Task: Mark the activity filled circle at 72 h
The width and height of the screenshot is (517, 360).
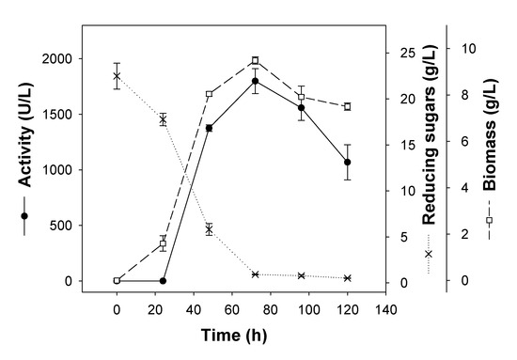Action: pyautogui.click(x=255, y=81)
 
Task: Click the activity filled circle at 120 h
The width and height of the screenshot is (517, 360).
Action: pyautogui.click(x=347, y=163)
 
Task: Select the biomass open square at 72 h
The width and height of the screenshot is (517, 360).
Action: pyautogui.click(x=255, y=61)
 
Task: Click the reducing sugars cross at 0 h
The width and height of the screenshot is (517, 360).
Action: pyautogui.click(x=117, y=76)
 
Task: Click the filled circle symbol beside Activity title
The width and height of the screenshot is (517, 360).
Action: pyautogui.click(x=24, y=216)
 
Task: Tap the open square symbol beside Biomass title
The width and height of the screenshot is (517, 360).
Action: pyautogui.click(x=489, y=220)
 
